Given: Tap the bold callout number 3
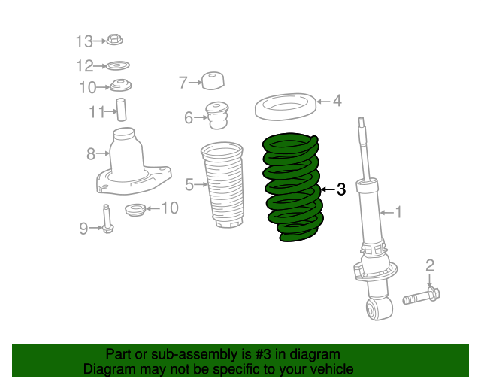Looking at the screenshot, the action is (341, 189).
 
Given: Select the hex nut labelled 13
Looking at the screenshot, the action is (115, 40).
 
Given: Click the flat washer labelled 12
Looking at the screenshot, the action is (117, 65).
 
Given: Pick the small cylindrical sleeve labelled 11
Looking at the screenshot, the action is (121, 110).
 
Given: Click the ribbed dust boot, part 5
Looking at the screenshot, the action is (222, 185).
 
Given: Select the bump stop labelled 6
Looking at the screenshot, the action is (217, 116).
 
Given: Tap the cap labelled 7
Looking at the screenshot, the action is (213, 80).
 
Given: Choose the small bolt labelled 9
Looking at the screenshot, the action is (107, 220).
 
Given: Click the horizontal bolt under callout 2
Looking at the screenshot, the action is (421, 296).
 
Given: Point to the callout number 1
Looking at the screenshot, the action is (398, 212).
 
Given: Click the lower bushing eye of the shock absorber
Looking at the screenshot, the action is (379, 309).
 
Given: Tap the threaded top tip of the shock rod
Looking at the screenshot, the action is (362, 120).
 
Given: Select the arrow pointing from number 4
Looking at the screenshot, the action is (323, 102).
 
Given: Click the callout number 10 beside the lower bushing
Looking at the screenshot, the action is (170, 208).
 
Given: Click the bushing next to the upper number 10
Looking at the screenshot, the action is (120, 86).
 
